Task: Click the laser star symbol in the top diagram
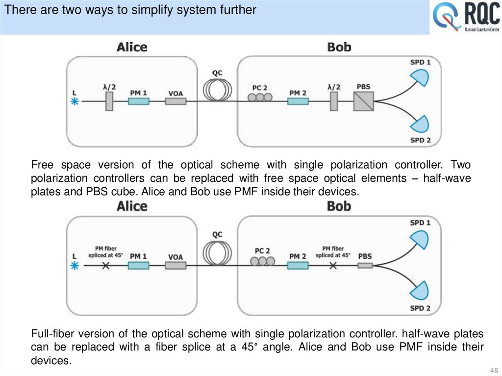point(75,101)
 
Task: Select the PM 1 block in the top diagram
point(138,101)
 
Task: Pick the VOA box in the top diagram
point(176,101)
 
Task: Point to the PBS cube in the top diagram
point(364,101)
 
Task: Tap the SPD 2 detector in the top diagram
point(420,125)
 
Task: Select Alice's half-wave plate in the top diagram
point(109,101)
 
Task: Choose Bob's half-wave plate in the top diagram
point(334,101)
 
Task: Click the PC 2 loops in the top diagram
point(260,98)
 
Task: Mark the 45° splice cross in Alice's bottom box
point(105,265)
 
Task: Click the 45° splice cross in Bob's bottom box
point(333,265)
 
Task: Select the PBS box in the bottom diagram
point(365,265)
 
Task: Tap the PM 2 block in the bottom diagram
point(298,265)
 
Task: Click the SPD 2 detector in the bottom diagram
point(420,291)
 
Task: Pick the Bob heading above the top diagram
point(339,47)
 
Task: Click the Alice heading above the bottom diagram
point(132,206)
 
